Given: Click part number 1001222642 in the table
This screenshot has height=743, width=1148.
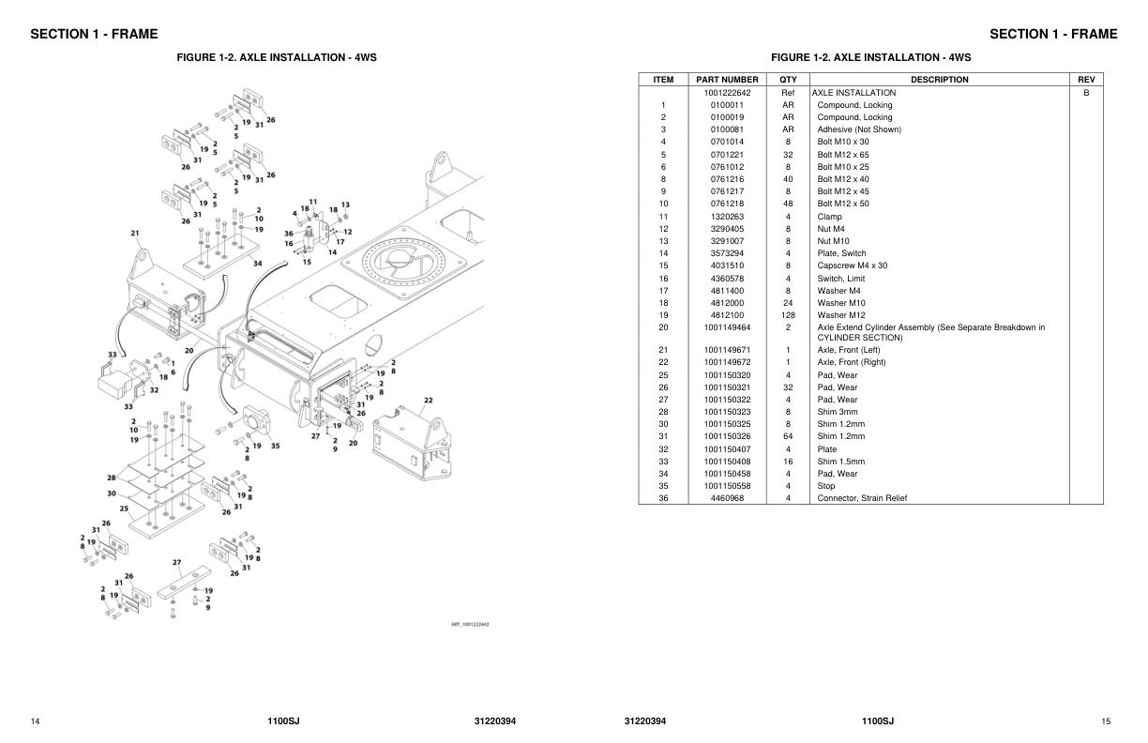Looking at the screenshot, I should coord(727,93).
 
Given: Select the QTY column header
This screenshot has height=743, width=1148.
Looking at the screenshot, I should coord(788,80).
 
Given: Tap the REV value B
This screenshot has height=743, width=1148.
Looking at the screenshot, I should coord(1086,93).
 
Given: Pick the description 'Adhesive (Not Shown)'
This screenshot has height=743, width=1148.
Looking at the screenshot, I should coord(858,129).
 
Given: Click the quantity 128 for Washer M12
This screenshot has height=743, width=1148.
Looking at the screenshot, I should coord(788,315).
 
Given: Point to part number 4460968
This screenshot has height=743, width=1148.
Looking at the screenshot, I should coord(727,498).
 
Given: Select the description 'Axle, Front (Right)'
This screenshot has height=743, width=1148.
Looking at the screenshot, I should coord(851,362).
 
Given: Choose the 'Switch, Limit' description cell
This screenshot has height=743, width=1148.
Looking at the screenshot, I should coord(841,279).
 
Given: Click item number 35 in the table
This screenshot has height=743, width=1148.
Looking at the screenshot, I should coord(663,486).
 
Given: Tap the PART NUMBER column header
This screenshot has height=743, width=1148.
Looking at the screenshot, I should coord(727,80).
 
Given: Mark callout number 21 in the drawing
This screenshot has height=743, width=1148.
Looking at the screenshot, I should coord(135,233).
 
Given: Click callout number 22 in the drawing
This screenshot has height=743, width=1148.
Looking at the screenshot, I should coord(428,401).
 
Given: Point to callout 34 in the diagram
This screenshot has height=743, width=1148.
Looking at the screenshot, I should coord(257,264).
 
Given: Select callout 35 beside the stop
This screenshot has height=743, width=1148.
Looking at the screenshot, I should coord(275,446).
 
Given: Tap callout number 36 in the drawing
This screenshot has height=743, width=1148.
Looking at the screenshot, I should coord(289,234).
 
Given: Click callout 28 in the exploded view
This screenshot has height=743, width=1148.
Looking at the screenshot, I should coord(112,478).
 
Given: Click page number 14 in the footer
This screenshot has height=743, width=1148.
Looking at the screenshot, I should coord(35,721).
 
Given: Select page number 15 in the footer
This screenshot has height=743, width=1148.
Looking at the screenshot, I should coord(1106,721).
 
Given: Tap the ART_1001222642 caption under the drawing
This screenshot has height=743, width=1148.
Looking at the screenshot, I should coord(470,625).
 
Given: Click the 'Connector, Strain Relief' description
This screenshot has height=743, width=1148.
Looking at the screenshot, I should coord(862,498).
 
